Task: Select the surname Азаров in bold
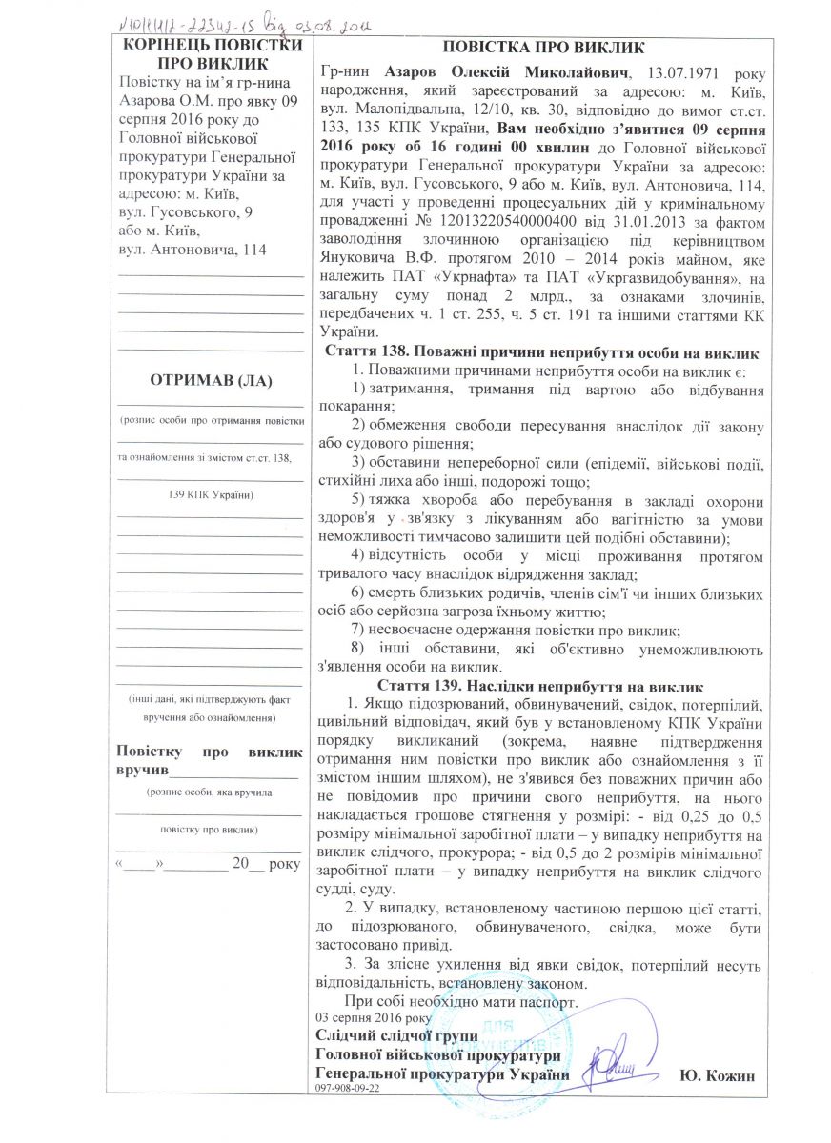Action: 415,73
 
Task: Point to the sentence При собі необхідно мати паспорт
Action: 462,1002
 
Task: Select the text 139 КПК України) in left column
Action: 210,495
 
